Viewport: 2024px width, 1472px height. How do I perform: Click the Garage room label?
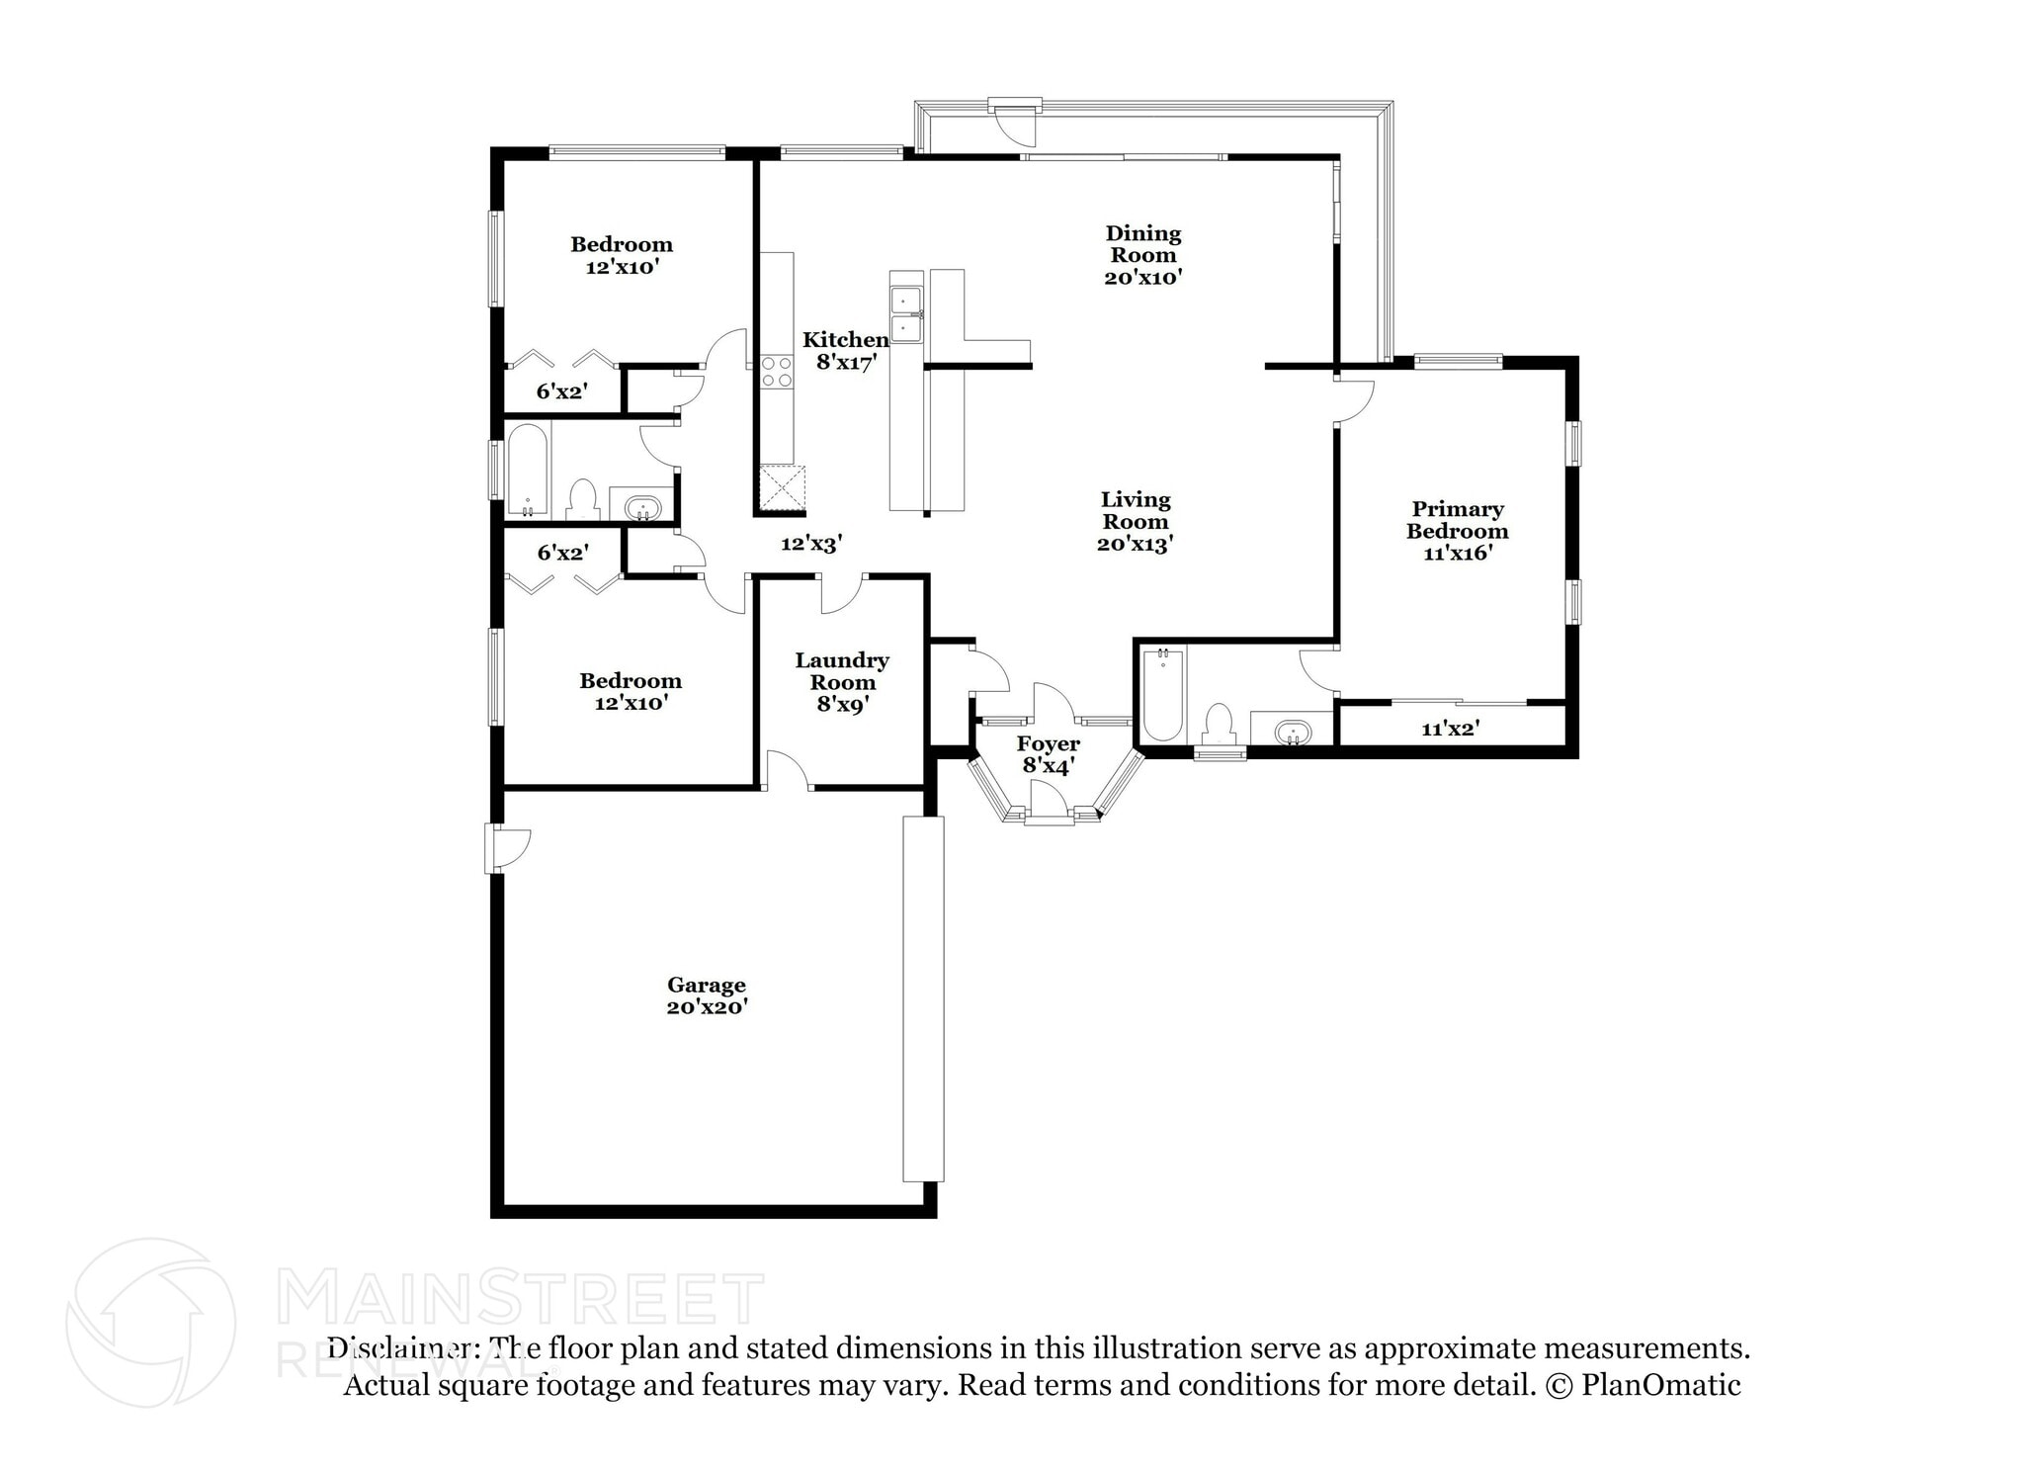(x=706, y=985)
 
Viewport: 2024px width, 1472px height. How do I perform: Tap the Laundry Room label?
(x=842, y=670)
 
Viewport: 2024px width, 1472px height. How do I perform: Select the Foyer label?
(x=1049, y=743)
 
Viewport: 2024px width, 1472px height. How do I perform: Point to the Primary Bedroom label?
(x=1458, y=520)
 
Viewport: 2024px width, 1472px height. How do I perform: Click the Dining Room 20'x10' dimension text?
(x=1143, y=277)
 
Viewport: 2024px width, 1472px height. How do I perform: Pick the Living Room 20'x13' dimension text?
(x=1135, y=543)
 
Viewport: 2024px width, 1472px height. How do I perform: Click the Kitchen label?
(x=845, y=340)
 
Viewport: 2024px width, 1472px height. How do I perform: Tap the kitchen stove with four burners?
(x=777, y=372)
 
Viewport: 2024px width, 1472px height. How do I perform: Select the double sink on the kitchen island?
(x=906, y=313)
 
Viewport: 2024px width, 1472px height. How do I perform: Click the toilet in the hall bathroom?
(x=583, y=500)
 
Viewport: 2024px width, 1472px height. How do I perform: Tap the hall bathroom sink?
(x=642, y=508)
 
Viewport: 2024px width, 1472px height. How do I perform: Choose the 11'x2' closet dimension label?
(x=1450, y=730)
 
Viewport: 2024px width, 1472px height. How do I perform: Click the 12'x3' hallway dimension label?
(x=810, y=543)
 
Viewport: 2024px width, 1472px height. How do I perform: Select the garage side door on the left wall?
(x=507, y=849)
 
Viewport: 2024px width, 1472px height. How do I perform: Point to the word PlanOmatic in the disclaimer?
(x=1660, y=1385)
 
